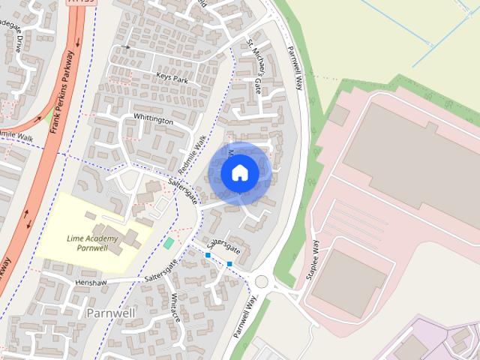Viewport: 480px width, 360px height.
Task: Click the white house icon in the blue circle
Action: [239, 172]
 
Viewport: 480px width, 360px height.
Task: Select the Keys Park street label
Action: [171, 77]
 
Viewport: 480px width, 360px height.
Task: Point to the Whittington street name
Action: [153, 120]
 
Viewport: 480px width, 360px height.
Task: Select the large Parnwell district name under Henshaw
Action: [111, 311]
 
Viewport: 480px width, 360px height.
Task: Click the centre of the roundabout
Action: [262, 282]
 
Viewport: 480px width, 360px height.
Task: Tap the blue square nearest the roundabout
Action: [229, 264]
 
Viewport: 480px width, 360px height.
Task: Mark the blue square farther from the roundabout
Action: [208, 256]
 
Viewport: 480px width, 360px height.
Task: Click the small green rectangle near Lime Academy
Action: [169, 243]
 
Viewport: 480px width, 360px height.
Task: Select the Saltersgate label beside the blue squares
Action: [224, 245]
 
